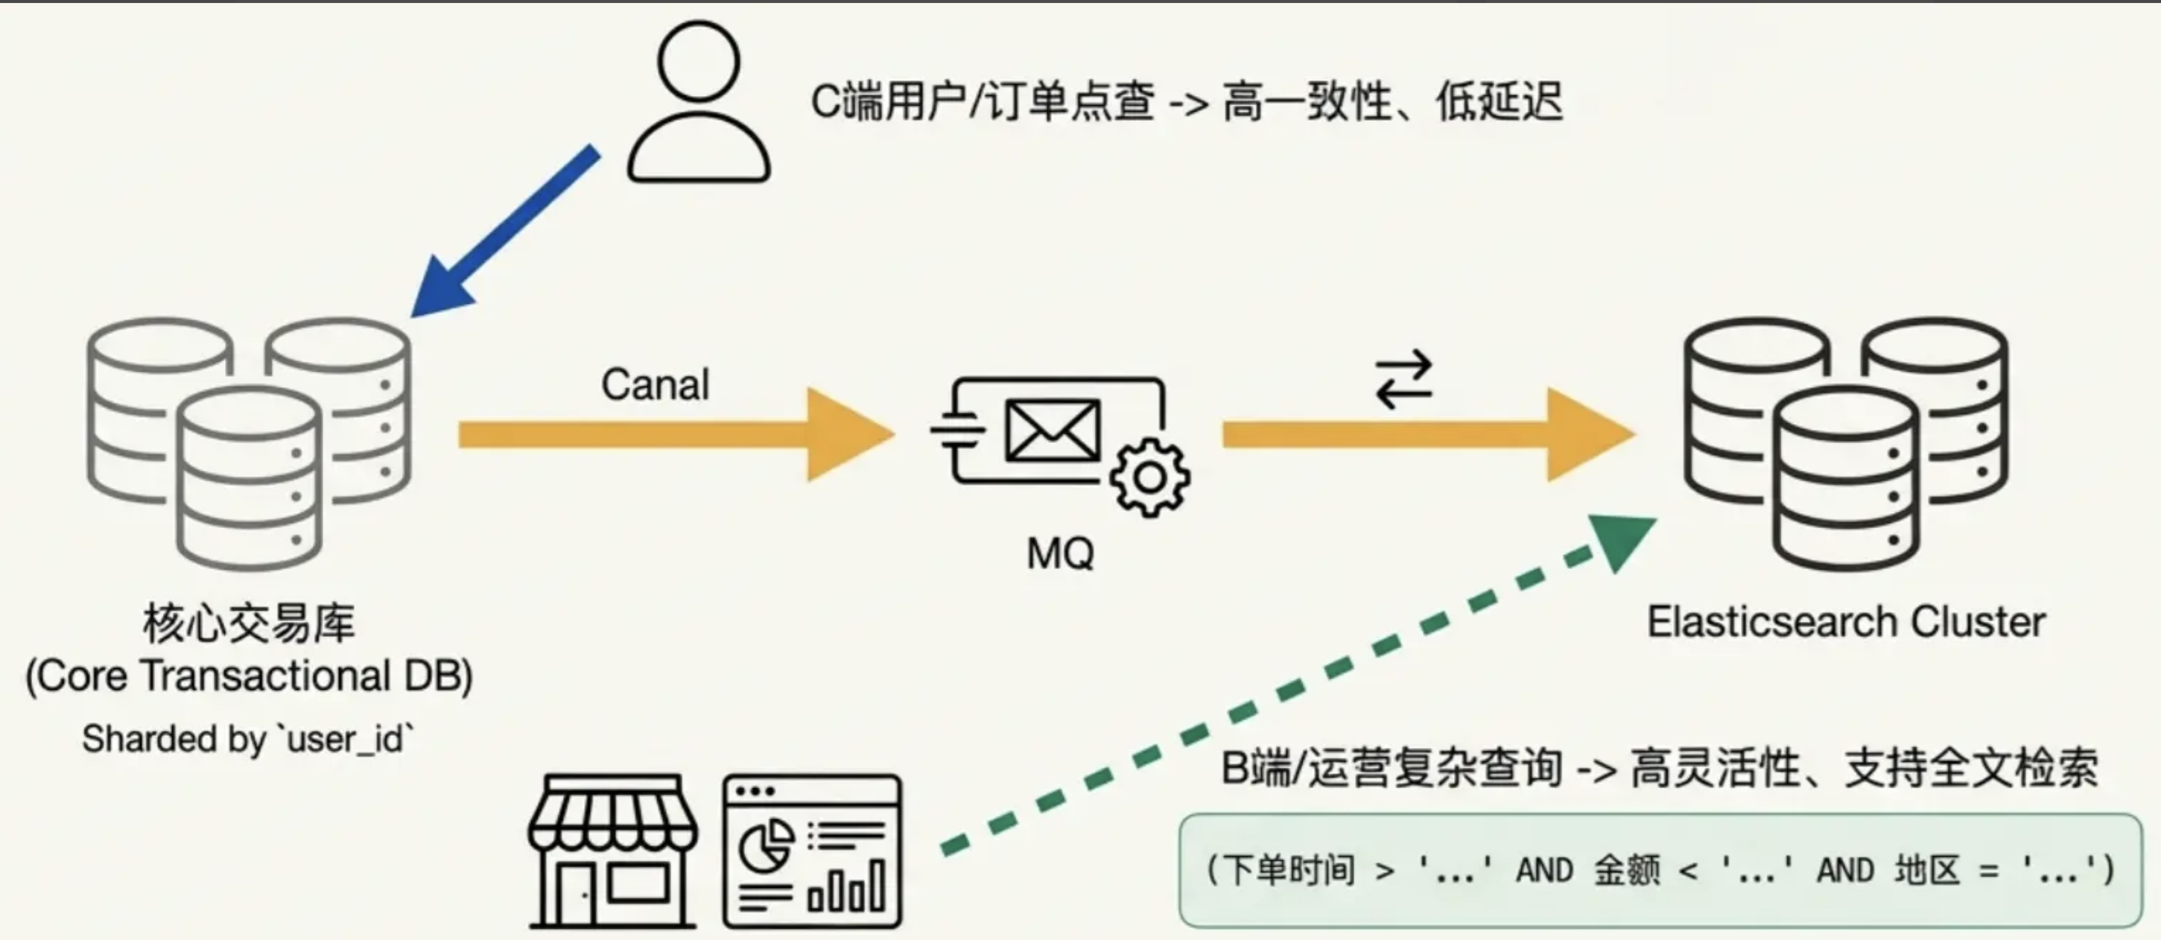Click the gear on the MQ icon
click(x=1149, y=477)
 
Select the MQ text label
click(x=1060, y=553)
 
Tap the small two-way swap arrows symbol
click(x=1403, y=379)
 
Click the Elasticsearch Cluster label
click(x=1846, y=622)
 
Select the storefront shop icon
click(x=613, y=851)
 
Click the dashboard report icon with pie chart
click(x=812, y=851)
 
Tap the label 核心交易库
click(x=249, y=623)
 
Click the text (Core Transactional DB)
click(x=249, y=676)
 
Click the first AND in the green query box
click(x=1543, y=871)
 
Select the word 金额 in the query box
click(x=1627, y=871)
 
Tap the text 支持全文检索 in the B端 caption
click(x=1971, y=767)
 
